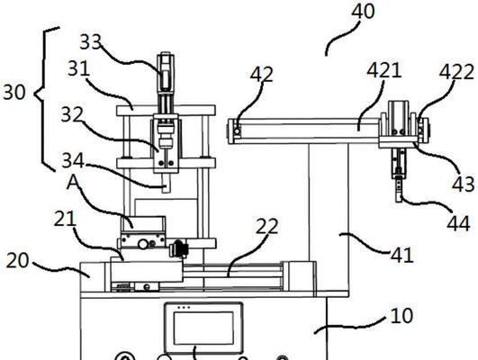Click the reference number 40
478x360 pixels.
[x=363, y=12]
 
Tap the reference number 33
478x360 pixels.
[x=91, y=41]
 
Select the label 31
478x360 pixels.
[x=78, y=68]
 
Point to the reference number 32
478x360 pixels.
[x=72, y=114]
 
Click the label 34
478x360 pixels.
[x=73, y=160]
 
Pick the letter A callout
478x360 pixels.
[x=73, y=183]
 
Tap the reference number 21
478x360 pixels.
[x=65, y=219]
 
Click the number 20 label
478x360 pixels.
[x=17, y=260]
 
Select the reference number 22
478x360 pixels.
[x=267, y=226]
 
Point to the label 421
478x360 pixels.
[x=383, y=70]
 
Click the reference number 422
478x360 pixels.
[x=456, y=72]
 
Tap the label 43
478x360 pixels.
[x=463, y=184]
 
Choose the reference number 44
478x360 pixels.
[x=458, y=223]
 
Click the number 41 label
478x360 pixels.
[x=402, y=255]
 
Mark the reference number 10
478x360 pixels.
[x=401, y=316]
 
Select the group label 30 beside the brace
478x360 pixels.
[x=14, y=92]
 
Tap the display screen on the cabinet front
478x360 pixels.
[x=203, y=328]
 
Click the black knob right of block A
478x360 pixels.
[x=180, y=248]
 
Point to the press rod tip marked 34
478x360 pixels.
[x=166, y=192]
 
